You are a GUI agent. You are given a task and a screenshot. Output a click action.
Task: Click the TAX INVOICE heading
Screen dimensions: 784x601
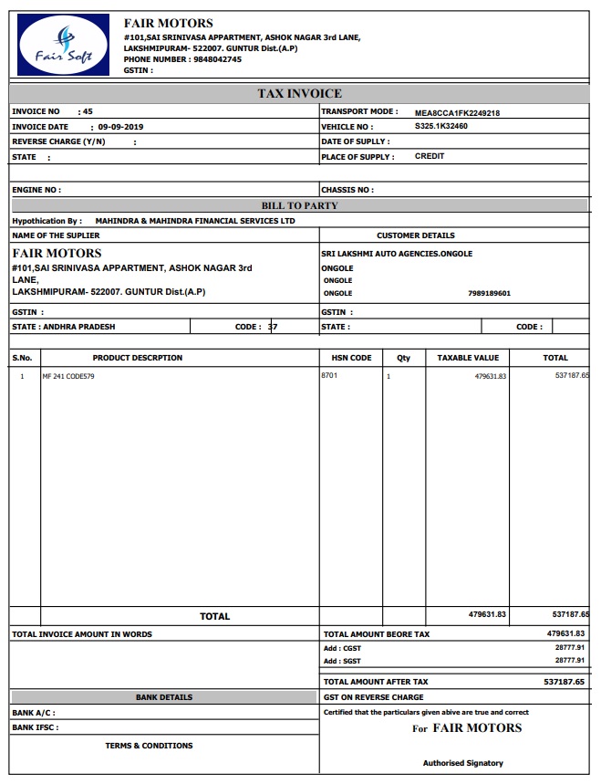click(x=300, y=93)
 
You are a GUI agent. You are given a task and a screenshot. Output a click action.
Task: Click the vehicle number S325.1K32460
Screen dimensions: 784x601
click(x=441, y=126)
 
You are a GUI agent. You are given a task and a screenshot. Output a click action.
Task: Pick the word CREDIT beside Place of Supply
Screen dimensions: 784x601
click(x=430, y=156)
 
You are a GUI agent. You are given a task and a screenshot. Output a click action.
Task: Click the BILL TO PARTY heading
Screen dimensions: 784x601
click(x=300, y=205)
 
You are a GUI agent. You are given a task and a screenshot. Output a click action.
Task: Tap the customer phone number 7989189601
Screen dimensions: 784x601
click(x=489, y=294)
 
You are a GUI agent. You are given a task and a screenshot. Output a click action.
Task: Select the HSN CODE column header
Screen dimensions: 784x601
click(x=348, y=358)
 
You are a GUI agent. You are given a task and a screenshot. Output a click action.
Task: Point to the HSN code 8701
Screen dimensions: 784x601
click(x=329, y=375)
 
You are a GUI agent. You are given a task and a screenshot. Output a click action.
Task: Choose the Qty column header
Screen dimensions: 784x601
click(x=403, y=358)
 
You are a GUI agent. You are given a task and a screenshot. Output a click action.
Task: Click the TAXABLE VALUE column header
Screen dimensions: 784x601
click(x=468, y=358)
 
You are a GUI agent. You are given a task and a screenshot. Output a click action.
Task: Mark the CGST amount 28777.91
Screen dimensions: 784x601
click(x=569, y=647)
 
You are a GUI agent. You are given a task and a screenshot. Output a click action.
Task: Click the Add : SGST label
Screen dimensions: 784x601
click(x=342, y=661)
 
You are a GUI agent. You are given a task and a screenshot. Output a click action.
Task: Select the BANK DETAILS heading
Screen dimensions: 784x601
click(x=164, y=697)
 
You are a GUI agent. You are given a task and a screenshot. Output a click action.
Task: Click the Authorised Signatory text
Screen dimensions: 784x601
click(x=462, y=763)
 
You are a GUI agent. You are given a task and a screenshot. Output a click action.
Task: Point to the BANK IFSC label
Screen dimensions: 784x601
click(x=35, y=727)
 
